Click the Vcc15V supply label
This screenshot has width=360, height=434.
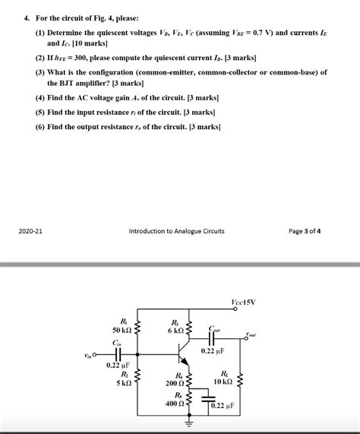[242, 302]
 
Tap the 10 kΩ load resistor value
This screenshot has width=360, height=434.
[223, 382]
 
